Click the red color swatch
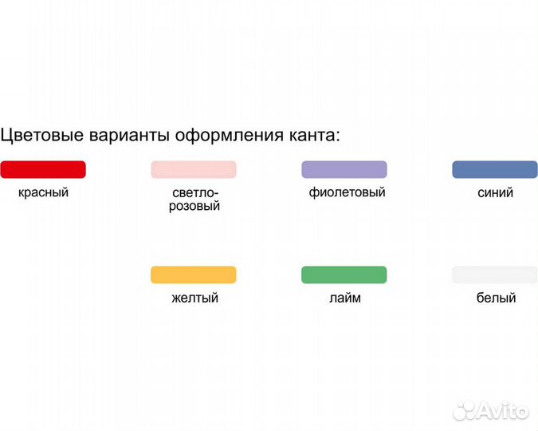pos(43,169)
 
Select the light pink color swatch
pos(194,169)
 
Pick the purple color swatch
pos(344,169)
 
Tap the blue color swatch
pos(495,169)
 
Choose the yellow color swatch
pos(194,275)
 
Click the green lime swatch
pos(344,275)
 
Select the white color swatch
pos(495,275)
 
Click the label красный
pos(43,192)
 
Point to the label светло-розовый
pos(195,200)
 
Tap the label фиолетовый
pos(347,192)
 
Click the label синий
pos(495,192)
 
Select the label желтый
pos(194,298)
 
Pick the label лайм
pos(344,298)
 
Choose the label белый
pos(495,298)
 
